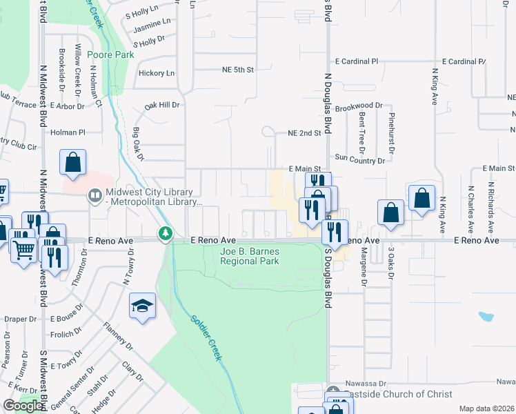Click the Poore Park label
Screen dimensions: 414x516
click(115, 54)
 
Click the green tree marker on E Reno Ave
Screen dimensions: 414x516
click(165, 235)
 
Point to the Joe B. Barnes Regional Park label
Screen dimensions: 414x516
click(249, 257)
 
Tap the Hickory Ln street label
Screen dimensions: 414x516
click(157, 73)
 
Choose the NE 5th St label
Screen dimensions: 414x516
click(239, 70)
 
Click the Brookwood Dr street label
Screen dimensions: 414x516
click(358, 106)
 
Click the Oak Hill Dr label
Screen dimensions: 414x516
click(161, 106)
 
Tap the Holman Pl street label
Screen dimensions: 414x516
click(68, 132)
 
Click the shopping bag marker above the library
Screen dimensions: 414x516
click(73, 164)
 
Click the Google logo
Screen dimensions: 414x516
click(23, 406)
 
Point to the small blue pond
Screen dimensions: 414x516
click(486, 317)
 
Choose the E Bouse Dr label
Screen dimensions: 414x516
click(67, 319)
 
